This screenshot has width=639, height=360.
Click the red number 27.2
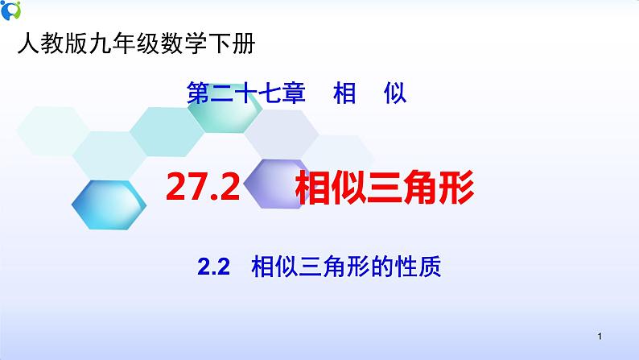pos(203,189)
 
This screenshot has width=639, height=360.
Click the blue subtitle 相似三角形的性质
pos(346,266)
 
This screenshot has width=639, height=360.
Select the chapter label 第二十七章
pos(246,95)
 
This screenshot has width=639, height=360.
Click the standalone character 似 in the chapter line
pos(394,95)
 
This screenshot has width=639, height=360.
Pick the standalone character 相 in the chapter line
pos(344,95)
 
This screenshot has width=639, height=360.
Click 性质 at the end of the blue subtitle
pos(423,266)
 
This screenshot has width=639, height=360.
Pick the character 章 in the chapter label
pos(295,95)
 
